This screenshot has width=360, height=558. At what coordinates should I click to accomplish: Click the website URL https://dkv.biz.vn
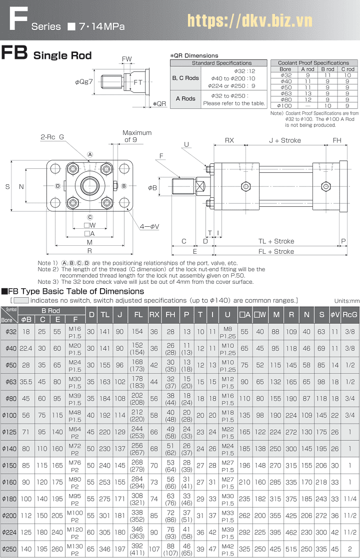pos(249,20)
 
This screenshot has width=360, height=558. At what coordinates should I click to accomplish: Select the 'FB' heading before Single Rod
pos(14,53)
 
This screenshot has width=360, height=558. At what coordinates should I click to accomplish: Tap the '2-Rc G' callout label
pos(52,136)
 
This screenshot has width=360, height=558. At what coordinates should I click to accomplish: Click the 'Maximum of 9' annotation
pos(137,136)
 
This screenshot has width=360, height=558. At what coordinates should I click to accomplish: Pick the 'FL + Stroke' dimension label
pos(276,251)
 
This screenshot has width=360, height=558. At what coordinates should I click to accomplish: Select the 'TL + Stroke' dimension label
pos(276,241)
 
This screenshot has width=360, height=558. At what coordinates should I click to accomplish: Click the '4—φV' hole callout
pos(149,226)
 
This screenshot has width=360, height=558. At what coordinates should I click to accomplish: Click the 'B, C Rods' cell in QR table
pos(185,78)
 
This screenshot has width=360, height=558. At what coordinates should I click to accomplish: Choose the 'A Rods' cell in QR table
pos(185,98)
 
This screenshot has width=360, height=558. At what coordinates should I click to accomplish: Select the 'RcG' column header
pos(349,314)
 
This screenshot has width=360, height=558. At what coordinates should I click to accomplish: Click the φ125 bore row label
pos(8,431)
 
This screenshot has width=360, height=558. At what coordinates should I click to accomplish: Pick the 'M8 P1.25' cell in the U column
pos(227,332)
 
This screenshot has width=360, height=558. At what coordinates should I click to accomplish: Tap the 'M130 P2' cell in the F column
pos(75,548)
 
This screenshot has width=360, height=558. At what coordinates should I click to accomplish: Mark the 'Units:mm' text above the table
pos(347,300)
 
